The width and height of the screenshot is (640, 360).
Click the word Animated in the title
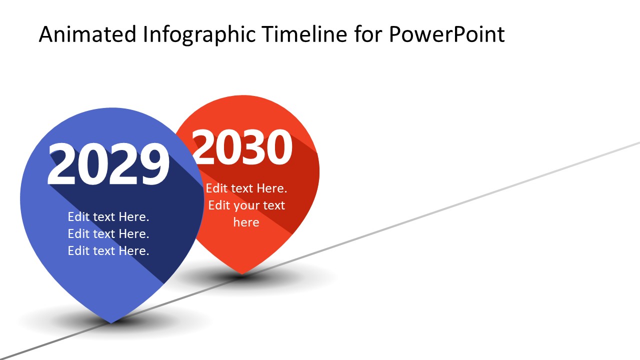(87, 34)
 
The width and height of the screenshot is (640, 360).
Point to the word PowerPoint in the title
(446, 35)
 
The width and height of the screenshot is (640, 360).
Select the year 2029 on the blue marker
(108, 164)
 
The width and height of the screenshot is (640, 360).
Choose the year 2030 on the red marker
(242, 147)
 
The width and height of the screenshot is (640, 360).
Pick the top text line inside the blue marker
(108, 217)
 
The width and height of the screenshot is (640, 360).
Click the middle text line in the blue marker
(108, 234)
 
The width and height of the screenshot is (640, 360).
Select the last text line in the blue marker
(108, 251)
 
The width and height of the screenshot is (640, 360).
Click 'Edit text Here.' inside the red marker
(246, 188)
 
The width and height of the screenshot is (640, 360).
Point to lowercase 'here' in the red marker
(246, 222)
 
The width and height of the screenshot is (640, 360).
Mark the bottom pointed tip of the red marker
(242, 273)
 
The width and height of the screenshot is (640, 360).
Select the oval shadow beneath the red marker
(300, 277)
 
